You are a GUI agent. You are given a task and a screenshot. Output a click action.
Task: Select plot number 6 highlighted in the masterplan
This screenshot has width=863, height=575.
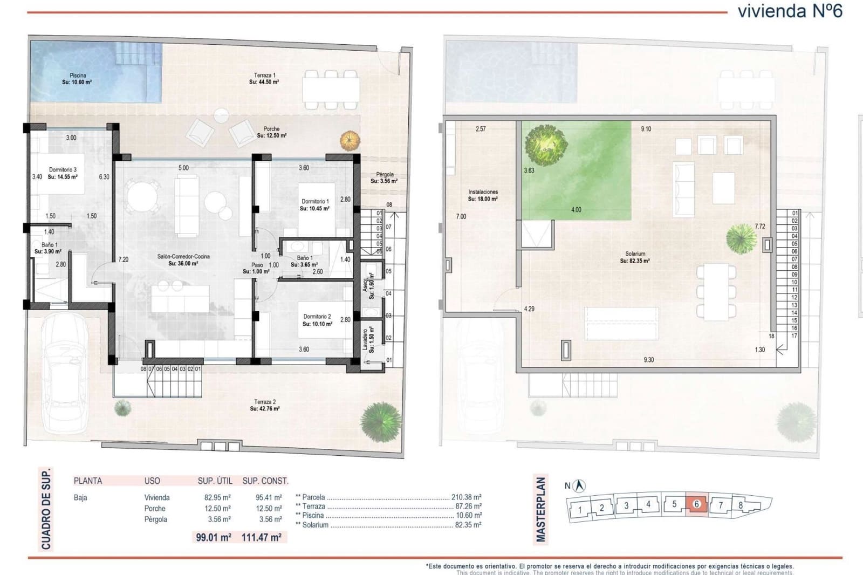696,504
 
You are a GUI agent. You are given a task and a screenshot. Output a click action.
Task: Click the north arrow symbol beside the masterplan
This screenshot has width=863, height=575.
580,485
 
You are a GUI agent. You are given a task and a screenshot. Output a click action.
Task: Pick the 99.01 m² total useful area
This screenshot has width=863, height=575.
214,537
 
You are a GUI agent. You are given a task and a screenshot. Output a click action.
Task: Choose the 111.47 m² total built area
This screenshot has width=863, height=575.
262,537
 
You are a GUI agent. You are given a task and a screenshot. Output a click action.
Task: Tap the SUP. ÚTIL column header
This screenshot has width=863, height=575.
215,481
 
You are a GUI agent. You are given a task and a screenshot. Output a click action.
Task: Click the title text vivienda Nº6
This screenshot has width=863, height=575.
790,11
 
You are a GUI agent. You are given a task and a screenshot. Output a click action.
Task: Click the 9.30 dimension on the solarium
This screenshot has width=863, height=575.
648,360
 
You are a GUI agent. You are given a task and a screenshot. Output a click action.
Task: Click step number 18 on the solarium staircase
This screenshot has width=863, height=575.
771,336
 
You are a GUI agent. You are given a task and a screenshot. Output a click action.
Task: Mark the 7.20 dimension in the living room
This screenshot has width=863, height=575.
124,259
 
